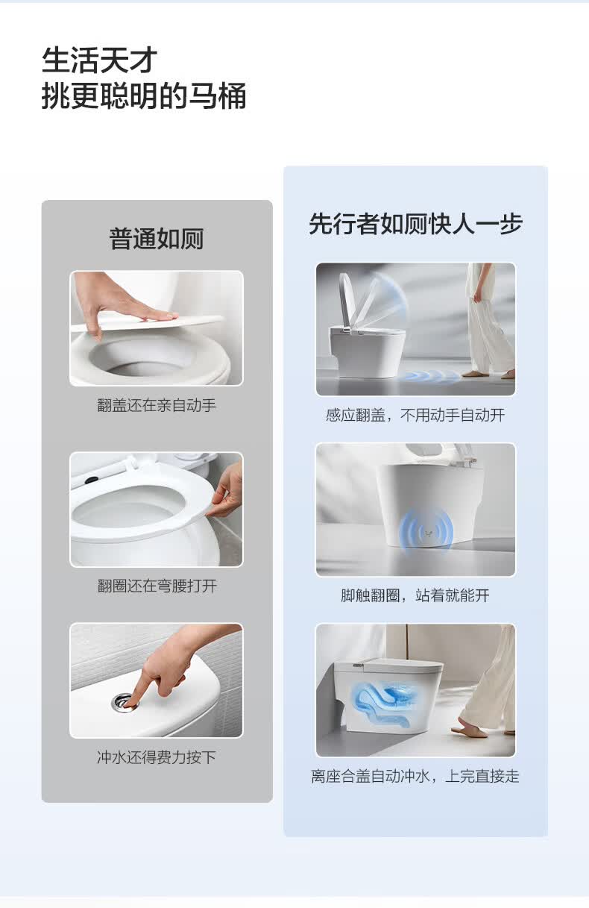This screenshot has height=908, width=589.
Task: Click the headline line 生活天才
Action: coord(100,60)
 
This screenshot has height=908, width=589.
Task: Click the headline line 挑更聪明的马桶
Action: coord(144,96)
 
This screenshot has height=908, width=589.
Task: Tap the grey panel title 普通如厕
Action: coord(157,239)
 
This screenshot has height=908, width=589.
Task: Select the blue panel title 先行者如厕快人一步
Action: coord(415,223)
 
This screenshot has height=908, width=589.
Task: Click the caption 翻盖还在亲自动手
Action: coord(157,405)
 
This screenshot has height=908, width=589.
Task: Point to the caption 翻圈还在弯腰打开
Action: coord(157,586)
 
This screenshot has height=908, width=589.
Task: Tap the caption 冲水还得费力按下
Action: coord(157,757)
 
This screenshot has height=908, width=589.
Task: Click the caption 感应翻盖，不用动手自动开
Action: coord(415,415)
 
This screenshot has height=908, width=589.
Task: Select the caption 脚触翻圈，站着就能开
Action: coord(415,595)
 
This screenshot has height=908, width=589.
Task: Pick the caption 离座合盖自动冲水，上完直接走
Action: coord(415,776)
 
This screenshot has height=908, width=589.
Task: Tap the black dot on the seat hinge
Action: coord(92,480)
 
